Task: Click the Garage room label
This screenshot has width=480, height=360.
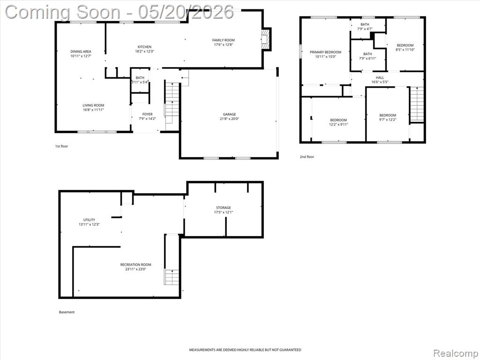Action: pyautogui.click(x=229, y=114)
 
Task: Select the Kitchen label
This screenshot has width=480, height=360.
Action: pyautogui.click(x=144, y=47)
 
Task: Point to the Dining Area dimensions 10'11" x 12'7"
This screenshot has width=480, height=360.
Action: pyautogui.click(x=81, y=56)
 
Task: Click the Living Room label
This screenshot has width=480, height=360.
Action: pyautogui.click(x=93, y=105)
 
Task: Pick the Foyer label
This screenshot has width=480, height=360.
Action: pyautogui.click(x=147, y=114)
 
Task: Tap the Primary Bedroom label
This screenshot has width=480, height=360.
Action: pyautogui.click(x=325, y=52)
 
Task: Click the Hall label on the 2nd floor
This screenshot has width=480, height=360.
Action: pyautogui.click(x=380, y=78)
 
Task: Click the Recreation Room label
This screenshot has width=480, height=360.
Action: pyautogui.click(x=135, y=265)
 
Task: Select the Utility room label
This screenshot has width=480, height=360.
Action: pyautogui.click(x=89, y=220)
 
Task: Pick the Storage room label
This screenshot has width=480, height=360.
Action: pyautogui.click(x=224, y=208)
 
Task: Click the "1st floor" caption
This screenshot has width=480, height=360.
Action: pyautogui.click(x=61, y=146)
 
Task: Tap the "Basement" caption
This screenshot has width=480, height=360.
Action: pyautogui.click(x=67, y=312)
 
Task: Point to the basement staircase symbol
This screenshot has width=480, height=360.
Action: pyautogui.click(x=172, y=277)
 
